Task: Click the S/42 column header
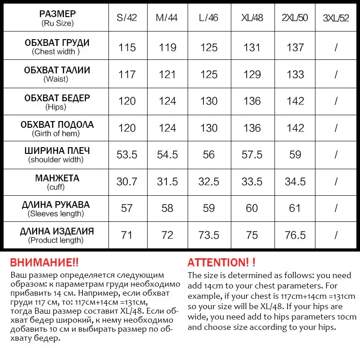126,18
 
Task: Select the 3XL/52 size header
336,18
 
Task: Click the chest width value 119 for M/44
167,47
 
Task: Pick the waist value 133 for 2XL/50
295,74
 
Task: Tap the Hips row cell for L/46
209,101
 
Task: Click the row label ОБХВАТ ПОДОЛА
57,124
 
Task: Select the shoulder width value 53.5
127,155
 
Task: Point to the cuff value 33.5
252,182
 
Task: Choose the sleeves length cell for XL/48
252,208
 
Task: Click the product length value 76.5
295,235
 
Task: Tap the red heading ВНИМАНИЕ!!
44,263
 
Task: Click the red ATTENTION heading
221,263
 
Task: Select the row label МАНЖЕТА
57,178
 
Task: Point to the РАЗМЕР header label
57,14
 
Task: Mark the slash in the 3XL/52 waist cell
336,74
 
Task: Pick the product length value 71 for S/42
127,235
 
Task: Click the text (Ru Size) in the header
57,23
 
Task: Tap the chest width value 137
295,47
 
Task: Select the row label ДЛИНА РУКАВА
56,205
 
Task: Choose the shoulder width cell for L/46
209,155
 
